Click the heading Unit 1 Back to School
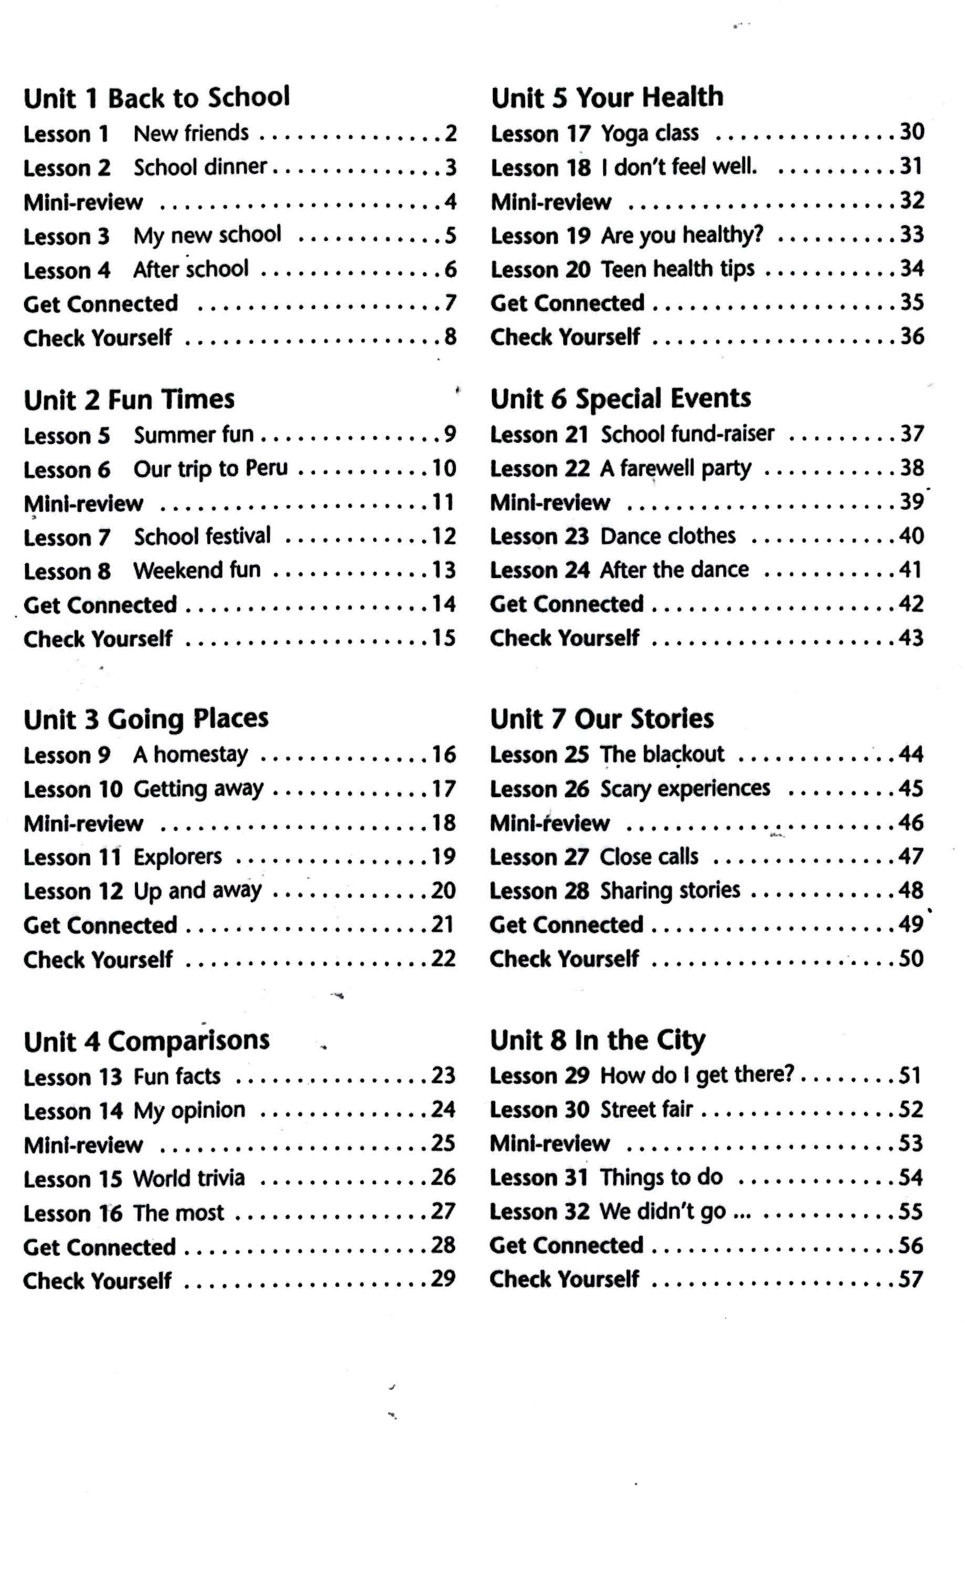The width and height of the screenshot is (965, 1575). [156, 98]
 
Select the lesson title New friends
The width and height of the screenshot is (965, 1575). [191, 133]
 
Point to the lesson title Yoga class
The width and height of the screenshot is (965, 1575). [649, 133]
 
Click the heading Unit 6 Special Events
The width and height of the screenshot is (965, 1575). [620, 399]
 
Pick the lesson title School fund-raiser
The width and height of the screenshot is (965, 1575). [687, 434]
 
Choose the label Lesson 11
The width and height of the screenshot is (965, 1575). [72, 857]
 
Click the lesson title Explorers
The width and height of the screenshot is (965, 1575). [177, 856]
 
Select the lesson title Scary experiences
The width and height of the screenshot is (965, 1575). [685, 789]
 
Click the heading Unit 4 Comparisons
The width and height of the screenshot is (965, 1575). [146, 1041]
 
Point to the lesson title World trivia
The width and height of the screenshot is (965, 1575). [188, 1178]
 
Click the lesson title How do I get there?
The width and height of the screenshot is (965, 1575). [697, 1075]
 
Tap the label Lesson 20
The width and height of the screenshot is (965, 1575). [540, 270]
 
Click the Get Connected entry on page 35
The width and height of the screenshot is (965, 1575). [567, 303]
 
